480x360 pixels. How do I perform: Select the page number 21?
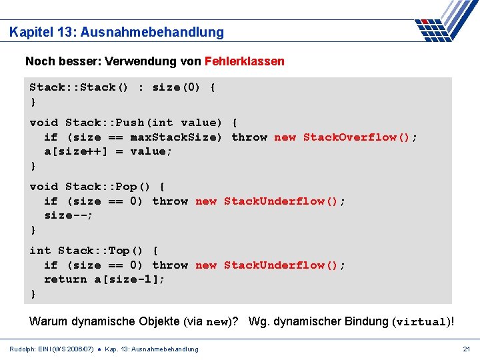467,349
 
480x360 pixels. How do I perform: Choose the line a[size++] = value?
108,151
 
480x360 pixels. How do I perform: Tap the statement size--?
69,215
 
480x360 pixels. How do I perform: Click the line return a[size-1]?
105,279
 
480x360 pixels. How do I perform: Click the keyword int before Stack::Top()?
40,251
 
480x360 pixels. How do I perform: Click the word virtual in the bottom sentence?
421,322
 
